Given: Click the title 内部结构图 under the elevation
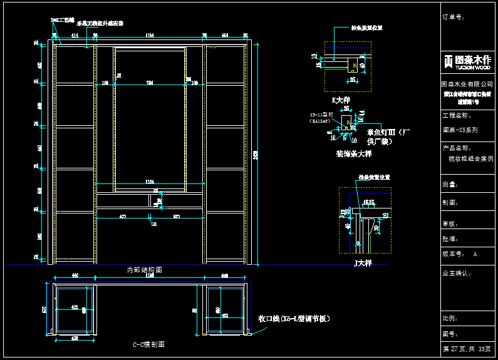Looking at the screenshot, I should (145, 270).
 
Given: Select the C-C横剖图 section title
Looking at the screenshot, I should (148, 344).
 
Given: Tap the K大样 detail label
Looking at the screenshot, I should (341, 100).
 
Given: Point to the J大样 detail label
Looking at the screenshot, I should (363, 264).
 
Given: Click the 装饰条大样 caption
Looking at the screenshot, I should (353, 153).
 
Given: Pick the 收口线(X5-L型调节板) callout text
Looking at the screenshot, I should (294, 319).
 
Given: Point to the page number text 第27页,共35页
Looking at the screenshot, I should (467, 349).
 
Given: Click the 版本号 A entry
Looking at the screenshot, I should (460, 254).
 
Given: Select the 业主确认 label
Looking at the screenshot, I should (457, 274).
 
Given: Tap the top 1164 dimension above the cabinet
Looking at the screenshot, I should (150, 36).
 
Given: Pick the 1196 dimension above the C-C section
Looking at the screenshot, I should (150, 275).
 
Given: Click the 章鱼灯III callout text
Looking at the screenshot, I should (388, 133).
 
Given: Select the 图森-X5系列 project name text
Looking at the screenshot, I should (460, 130).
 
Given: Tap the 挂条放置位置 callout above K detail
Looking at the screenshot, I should (366, 28).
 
